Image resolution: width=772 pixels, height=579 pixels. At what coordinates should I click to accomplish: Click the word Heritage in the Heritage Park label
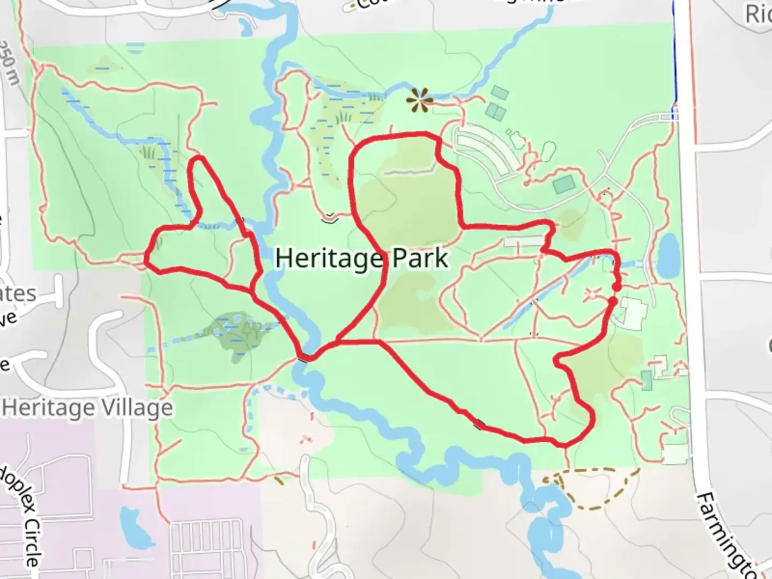(329, 259)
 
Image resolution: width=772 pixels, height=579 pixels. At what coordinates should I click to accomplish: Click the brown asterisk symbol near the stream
(418, 100)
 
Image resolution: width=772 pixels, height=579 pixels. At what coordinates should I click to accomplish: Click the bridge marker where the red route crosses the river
(303, 358)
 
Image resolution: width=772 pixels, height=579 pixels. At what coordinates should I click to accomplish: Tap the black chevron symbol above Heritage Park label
(330, 218)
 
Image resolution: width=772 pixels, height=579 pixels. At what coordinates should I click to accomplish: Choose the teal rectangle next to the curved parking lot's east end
(563, 185)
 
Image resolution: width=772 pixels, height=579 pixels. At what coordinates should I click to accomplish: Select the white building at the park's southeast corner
(675, 453)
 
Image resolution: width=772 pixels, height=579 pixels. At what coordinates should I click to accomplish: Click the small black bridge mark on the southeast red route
(479, 426)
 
